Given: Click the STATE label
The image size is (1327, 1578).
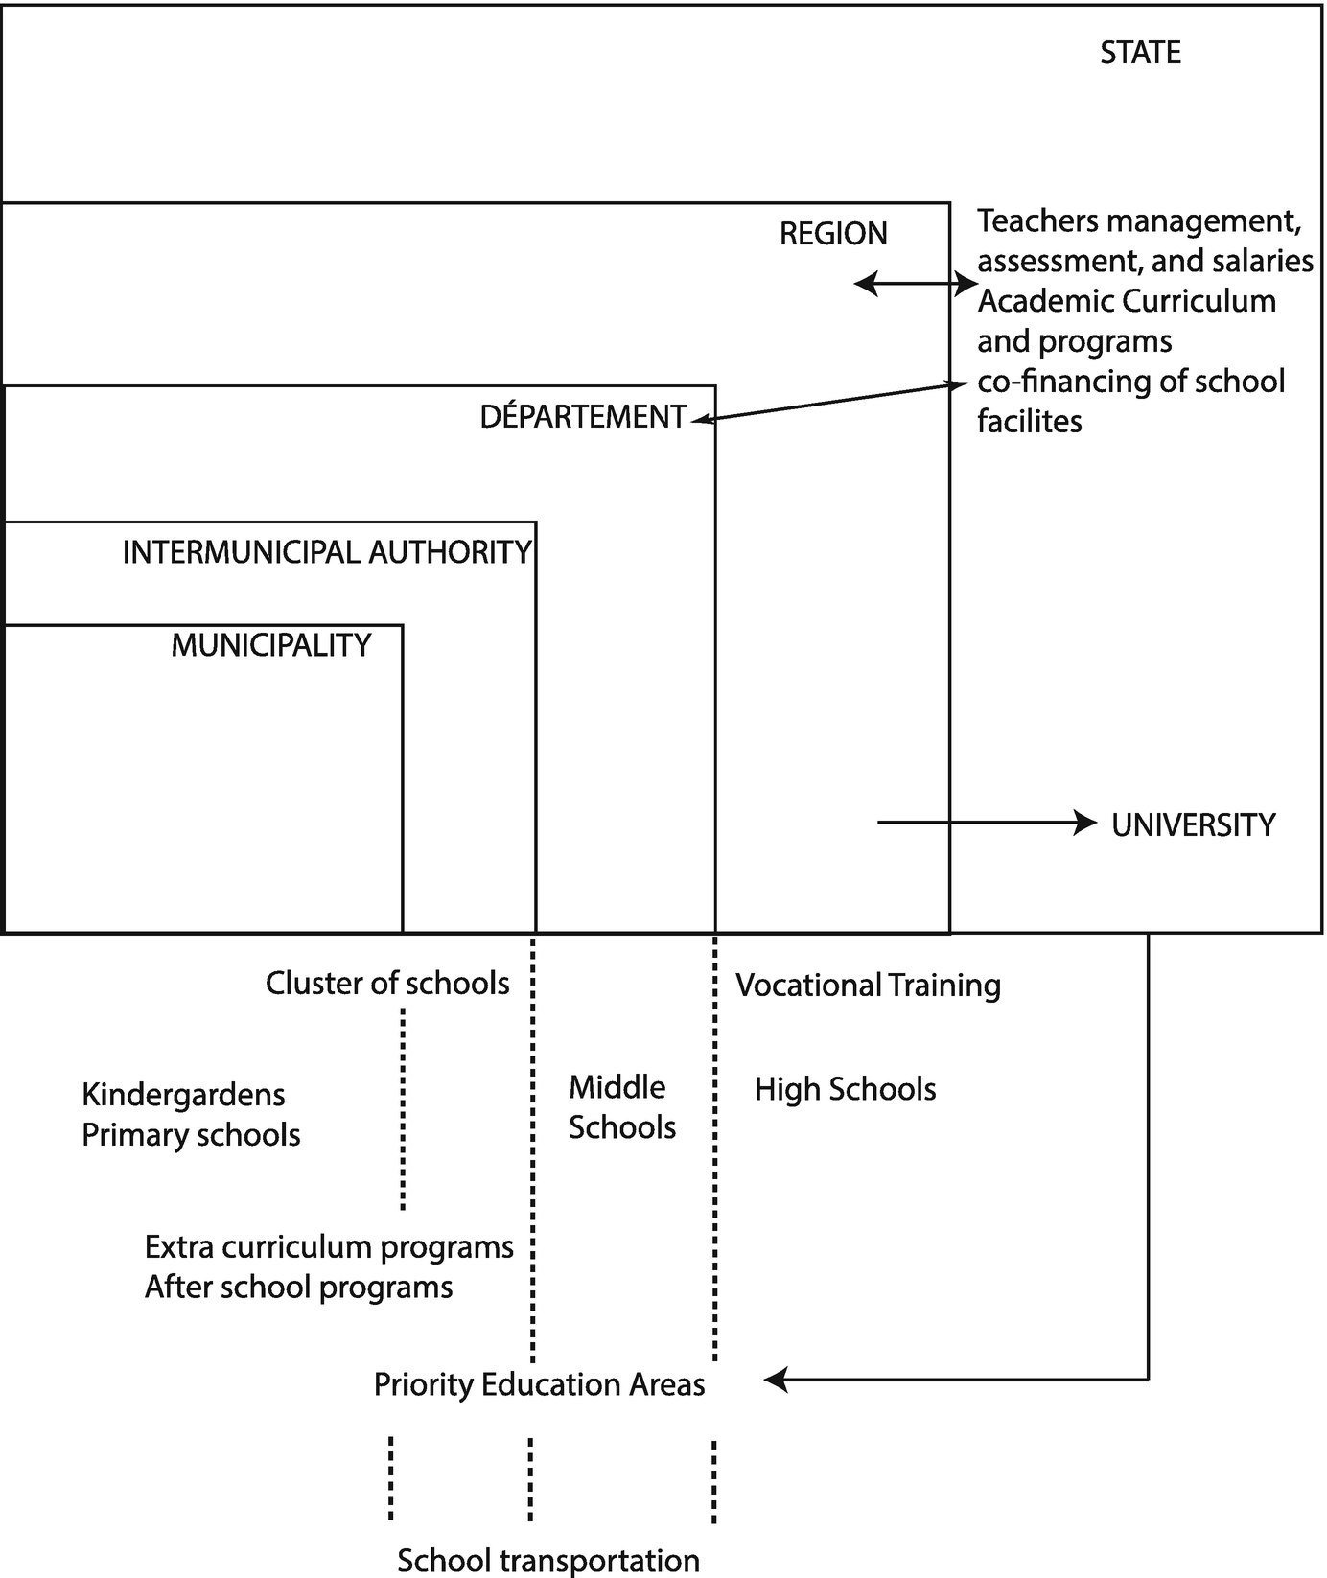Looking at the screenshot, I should click(x=1140, y=53).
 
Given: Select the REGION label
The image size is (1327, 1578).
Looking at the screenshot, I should click(x=833, y=234).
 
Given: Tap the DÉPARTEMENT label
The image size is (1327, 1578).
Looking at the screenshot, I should click(x=583, y=417).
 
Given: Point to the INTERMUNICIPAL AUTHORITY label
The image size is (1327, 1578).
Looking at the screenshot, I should click(x=327, y=553).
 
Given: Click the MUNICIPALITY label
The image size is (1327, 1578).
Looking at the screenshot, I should click(x=271, y=645).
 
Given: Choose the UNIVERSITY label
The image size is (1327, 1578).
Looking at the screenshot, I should click(x=1193, y=825).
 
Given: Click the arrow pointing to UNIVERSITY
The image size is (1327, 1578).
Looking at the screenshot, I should click(x=988, y=823).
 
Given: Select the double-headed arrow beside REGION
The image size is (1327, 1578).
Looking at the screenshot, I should click(x=915, y=284).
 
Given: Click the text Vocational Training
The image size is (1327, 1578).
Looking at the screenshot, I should click(x=868, y=986).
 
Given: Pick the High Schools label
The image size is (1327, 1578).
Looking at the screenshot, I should click(x=845, y=1089).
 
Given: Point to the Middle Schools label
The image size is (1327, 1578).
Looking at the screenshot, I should click(x=621, y=1107).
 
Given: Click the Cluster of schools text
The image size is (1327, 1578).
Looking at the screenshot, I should click(x=387, y=984).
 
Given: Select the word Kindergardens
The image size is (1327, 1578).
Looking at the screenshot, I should click(x=183, y=1095).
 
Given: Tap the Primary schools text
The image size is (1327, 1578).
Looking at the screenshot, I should click(x=191, y=1135).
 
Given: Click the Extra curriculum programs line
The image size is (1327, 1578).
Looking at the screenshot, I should click(x=329, y=1247).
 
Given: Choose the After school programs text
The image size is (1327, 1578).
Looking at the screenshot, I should click(x=298, y=1287).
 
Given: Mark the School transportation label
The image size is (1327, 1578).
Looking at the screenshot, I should click(x=547, y=1561).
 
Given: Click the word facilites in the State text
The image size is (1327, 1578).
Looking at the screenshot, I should click(x=1029, y=421).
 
